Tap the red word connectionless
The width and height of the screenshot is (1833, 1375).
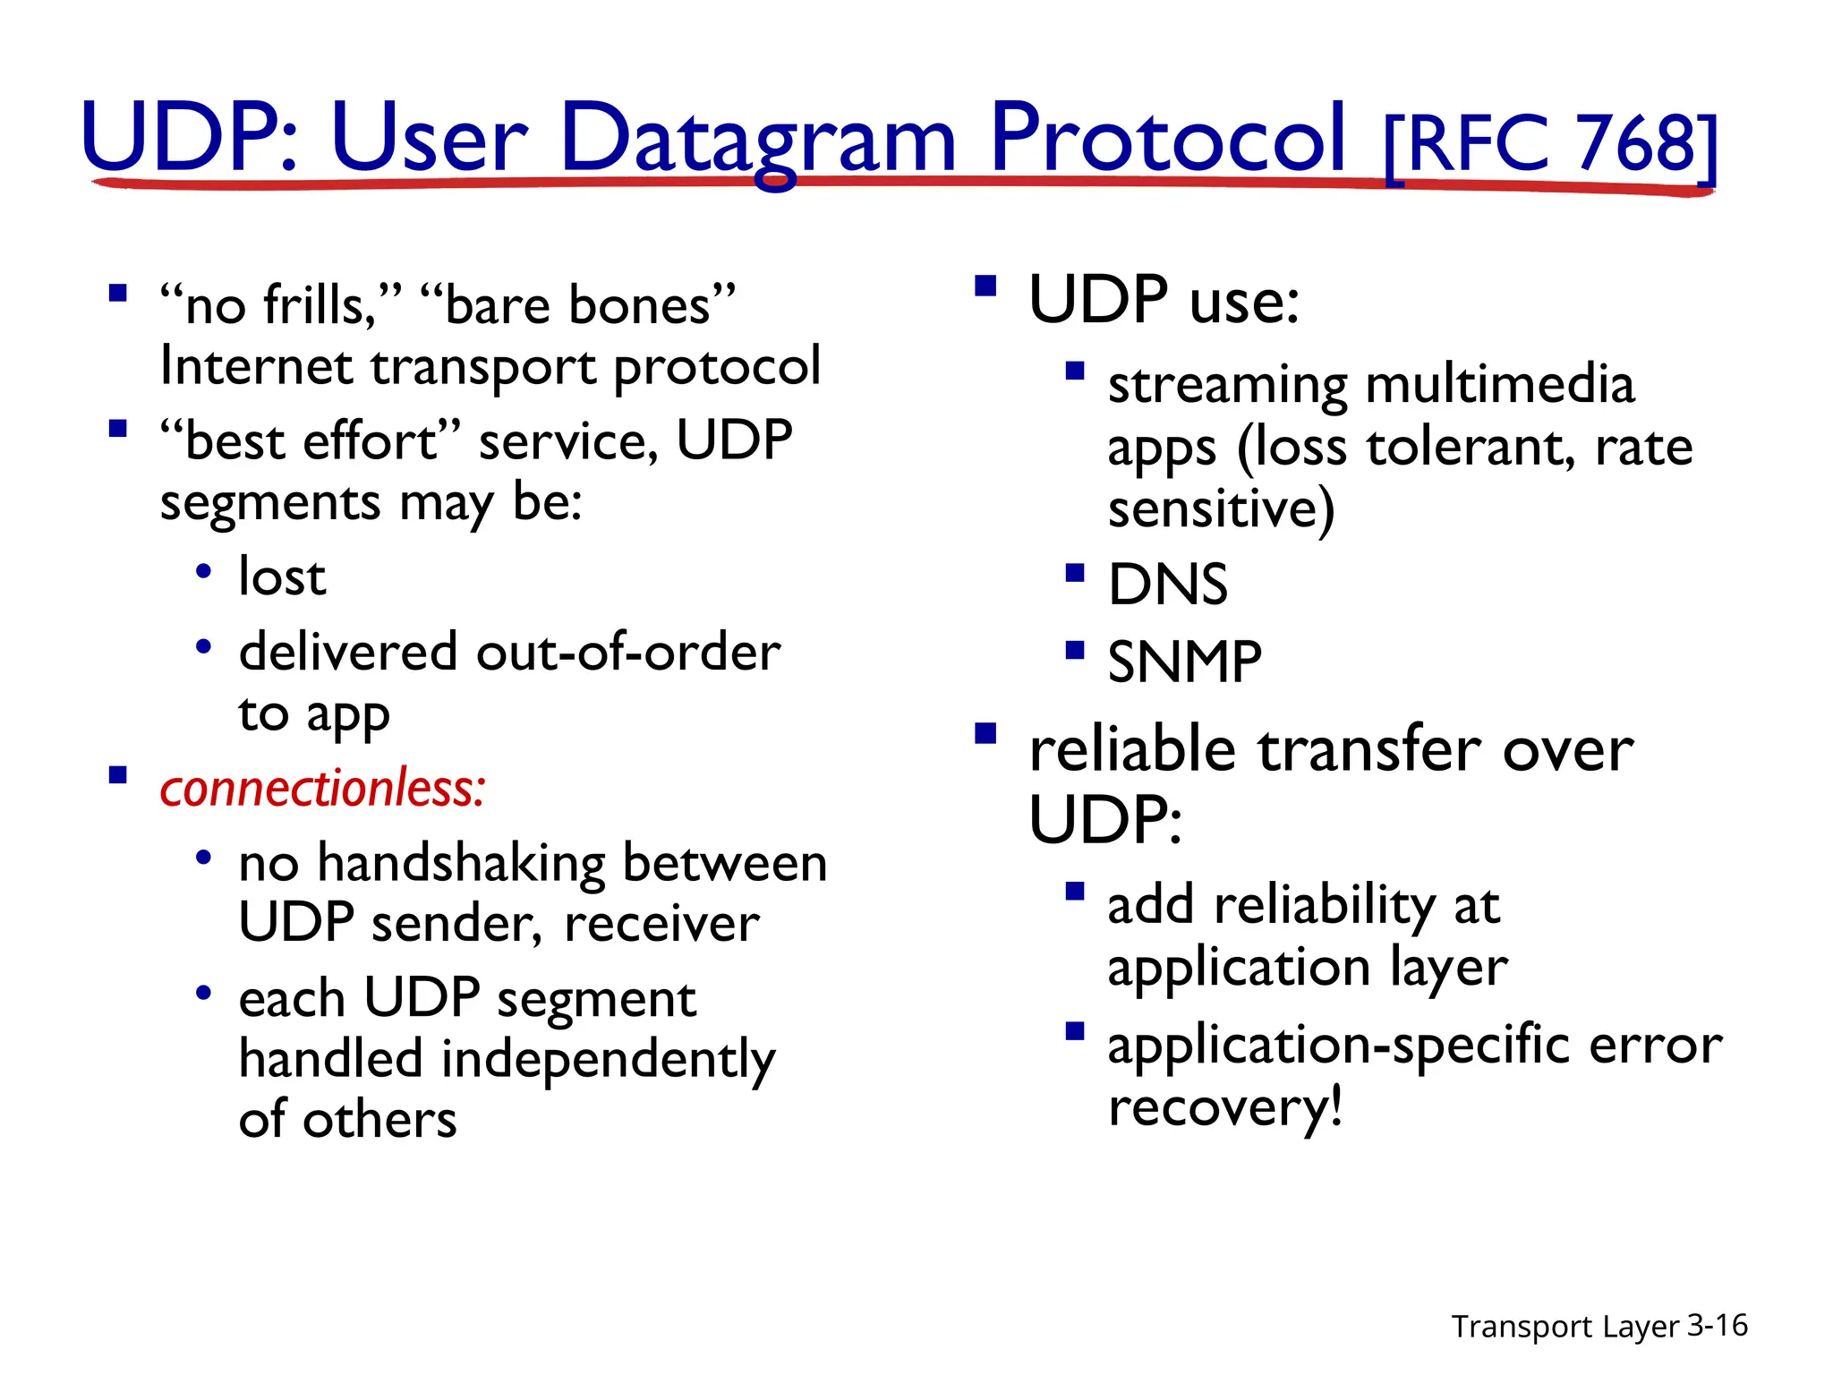click(322, 788)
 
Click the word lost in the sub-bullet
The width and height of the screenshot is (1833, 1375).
click(282, 576)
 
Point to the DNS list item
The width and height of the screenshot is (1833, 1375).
click(1167, 585)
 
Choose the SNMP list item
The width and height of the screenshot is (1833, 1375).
click(1184, 662)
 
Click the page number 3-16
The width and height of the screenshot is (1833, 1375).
click(1717, 1325)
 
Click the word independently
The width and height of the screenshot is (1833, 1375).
click(609, 1060)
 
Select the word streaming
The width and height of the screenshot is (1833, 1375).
click(1227, 385)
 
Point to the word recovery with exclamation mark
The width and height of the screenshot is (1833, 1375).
click(1224, 1106)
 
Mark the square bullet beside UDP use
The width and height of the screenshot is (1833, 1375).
click(985, 286)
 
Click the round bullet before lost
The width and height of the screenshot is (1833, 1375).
click(204, 570)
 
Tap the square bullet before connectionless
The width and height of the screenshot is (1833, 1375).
click(117, 774)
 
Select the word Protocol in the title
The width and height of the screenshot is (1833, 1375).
click(1167, 139)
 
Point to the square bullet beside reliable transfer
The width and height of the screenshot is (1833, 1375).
click(985, 734)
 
